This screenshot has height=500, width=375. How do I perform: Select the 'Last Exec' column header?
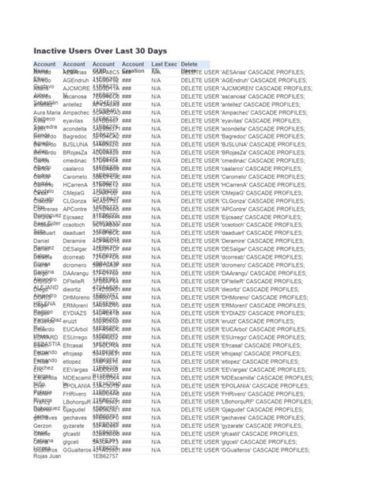164,63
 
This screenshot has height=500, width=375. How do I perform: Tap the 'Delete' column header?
189,63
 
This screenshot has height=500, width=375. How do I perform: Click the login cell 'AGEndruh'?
76,81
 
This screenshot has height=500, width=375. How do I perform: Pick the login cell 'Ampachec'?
76,113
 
